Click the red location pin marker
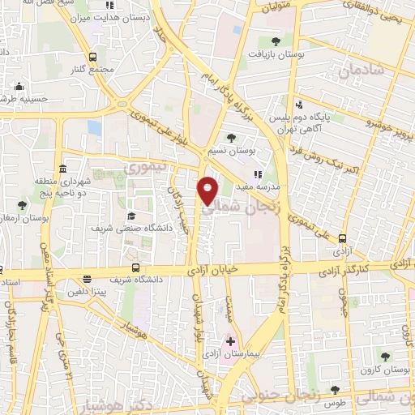tap(208, 190)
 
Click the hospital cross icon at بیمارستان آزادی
tap(230, 342)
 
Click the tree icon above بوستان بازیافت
tap(276, 41)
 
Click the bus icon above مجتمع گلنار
tap(92, 57)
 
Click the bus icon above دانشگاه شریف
tap(135, 267)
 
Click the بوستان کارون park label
tap(384, 370)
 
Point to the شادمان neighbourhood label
tap(356, 71)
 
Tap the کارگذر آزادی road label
tap(364, 265)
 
